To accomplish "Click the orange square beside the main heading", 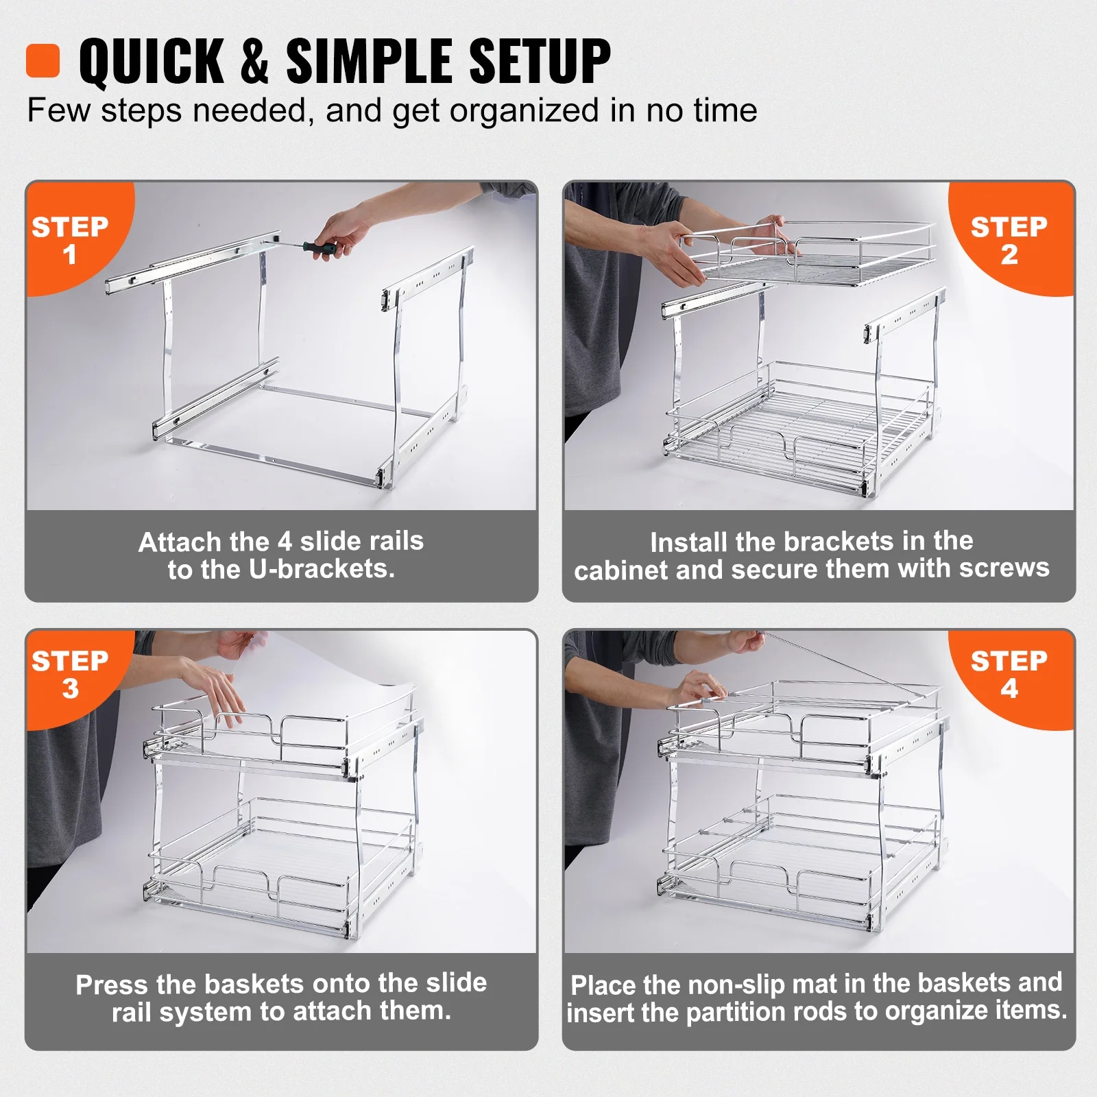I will click(43, 60).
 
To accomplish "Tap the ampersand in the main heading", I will click(254, 62).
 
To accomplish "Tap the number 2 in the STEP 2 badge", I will click(1009, 255).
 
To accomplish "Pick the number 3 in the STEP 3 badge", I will click(71, 689).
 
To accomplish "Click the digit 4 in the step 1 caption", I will click(285, 542).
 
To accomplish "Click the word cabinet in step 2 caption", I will click(620, 570).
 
